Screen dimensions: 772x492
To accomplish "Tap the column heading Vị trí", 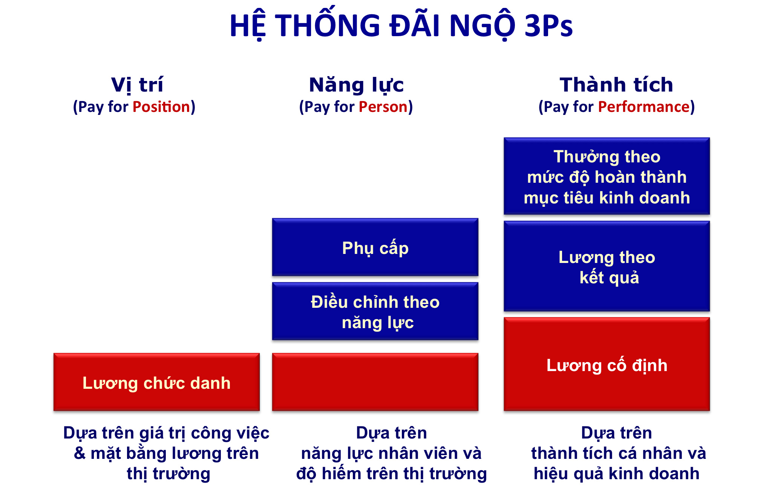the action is point(137,85).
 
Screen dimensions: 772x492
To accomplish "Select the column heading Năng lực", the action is point(356,85).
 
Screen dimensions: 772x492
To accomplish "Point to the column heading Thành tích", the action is point(616,84).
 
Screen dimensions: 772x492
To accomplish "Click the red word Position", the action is point(161,107).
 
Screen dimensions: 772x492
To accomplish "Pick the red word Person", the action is point(383,107).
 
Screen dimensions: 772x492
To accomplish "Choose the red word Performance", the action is point(644,107).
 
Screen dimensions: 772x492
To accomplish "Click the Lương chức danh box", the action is point(156,382).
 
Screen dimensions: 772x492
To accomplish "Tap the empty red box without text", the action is point(375,382).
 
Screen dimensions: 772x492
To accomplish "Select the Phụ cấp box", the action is point(375,247).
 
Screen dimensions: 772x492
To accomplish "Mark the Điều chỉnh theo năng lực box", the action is point(375,311).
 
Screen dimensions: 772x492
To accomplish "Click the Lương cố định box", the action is point(607,364).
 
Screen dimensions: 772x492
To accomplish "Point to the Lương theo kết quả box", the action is point(607,266).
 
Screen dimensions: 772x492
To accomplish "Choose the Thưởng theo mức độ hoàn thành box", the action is point(607,176).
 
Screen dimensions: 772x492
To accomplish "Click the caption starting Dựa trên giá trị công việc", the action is point(167,453).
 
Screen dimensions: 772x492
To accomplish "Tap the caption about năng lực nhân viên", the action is point(391,453).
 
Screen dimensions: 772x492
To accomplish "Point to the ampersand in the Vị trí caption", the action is point(80,453).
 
